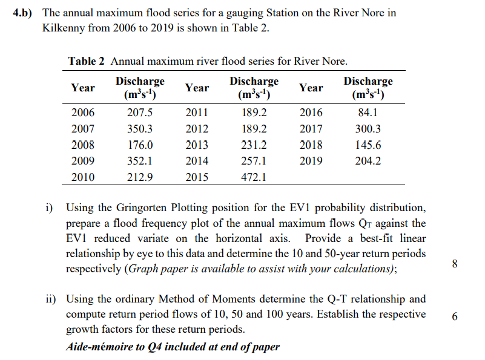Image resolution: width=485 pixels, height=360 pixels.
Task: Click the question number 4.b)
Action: [24, 13]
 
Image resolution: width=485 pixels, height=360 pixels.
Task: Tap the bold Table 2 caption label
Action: [87, 61]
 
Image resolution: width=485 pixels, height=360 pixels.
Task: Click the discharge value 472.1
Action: [254, 178]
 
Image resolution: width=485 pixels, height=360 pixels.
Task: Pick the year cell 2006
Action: [83, 113]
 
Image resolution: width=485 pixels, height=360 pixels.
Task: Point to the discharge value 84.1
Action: [368, 113]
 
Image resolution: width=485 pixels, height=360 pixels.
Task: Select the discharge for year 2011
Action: [254, 113]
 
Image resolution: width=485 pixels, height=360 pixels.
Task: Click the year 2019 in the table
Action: [311, 162]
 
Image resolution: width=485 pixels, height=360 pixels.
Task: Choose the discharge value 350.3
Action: [140, 129]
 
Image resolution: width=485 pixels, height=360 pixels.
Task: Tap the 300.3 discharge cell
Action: [368, 129]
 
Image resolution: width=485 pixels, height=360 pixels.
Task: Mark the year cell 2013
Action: [197, 145]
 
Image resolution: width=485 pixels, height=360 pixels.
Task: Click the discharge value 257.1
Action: [254, 162]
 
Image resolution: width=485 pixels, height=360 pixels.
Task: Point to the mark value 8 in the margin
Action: [455, 263]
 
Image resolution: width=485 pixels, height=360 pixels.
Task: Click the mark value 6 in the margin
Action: [455, 315]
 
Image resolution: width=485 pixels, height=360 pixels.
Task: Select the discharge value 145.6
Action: [368, 145]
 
